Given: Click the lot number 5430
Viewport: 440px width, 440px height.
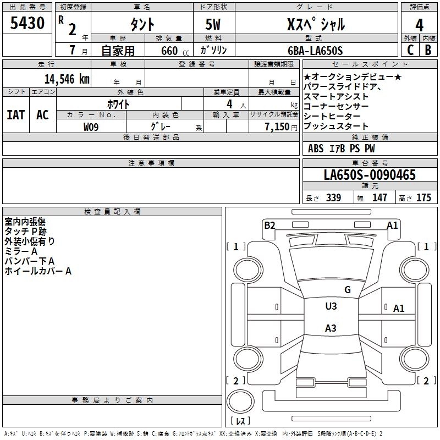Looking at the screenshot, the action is point(27,23).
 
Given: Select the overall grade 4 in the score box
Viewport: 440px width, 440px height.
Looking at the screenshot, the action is point(419,25).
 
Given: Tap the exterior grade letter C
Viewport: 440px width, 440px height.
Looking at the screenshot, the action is point(410,50).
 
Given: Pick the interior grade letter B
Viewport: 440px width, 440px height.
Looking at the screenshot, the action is point(428,50).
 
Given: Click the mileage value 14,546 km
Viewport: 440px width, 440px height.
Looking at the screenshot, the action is point(67,79).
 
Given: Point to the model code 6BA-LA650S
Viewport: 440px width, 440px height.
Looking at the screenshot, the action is point(315,51).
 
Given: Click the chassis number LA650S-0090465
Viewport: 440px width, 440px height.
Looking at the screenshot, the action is point(370,174).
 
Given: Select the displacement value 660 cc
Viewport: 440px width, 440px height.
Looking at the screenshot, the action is point(175,51).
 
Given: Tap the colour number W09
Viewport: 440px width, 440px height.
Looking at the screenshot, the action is point(91,127).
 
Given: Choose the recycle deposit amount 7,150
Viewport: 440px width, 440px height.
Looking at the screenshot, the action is point(277,127).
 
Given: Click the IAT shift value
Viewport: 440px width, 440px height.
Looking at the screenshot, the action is point(16,115).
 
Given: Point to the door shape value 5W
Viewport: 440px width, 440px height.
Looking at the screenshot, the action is point(213,24).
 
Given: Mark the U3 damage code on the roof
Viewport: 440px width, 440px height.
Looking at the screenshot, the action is point(331,306).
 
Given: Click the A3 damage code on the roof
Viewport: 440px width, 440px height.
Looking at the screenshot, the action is point(331,328).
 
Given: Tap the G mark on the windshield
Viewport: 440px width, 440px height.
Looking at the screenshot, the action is point(348,289).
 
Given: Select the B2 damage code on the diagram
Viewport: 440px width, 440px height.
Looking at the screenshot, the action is point(269,225).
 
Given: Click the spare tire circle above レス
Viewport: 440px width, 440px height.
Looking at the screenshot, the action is point(240,402).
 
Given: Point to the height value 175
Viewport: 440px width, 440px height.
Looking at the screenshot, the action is point(424,197).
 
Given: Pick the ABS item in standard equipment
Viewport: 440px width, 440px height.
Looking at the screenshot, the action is point(316,148).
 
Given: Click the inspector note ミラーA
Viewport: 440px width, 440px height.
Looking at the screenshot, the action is point(21,251).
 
